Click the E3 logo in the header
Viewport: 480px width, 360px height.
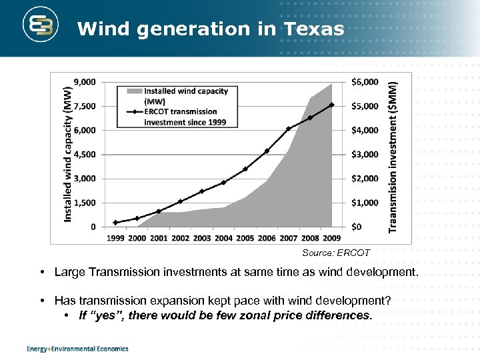41,27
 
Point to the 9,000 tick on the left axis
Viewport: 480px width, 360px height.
83,82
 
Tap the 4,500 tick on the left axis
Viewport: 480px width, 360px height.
83,154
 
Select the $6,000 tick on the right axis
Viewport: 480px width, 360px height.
365,82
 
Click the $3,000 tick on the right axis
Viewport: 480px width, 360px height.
365,154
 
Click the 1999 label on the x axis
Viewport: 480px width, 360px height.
115,238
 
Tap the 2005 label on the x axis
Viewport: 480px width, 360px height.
245,238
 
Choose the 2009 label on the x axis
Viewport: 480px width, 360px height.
331,238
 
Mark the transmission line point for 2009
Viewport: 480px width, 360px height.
331,105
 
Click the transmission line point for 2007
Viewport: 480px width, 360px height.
288,129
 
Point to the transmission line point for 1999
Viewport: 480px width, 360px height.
115,223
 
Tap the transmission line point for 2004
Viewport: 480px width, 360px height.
223,183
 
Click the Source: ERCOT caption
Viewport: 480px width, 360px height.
335,253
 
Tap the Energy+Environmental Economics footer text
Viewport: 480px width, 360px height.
77,349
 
